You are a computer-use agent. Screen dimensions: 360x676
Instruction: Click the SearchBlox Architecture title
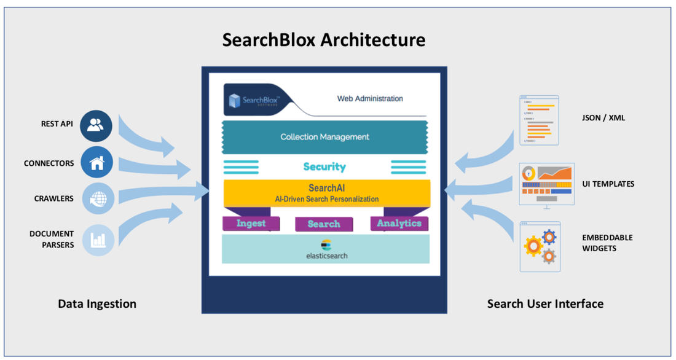[323, 40]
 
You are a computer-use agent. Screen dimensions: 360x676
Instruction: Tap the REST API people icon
[96, 125]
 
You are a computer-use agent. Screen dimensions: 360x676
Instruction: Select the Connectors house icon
[96, 163]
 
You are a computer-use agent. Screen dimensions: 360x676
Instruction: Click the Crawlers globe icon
[98, 198]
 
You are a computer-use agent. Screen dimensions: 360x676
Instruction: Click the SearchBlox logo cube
[235, 100]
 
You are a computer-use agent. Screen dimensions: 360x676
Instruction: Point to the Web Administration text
[370, 98]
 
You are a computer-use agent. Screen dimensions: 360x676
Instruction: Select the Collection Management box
[324, 137]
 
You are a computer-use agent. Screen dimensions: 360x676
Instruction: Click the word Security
[324, 166]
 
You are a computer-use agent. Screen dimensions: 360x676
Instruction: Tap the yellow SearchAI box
[326, 193]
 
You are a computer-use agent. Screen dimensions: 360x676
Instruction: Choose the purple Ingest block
[251, 224]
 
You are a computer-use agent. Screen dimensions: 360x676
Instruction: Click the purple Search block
[324, 224]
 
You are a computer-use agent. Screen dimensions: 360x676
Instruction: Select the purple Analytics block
[399, 224]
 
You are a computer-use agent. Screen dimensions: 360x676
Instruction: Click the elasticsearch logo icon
[326, 245]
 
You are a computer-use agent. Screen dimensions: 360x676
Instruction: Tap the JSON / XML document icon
[539, 120]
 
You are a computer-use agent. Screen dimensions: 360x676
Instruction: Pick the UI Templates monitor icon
[546, 185]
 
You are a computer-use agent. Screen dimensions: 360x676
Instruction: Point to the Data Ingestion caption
[97, 303]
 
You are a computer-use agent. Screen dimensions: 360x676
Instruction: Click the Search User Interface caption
[545, 303]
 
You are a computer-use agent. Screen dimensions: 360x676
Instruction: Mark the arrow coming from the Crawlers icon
[163, 192]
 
